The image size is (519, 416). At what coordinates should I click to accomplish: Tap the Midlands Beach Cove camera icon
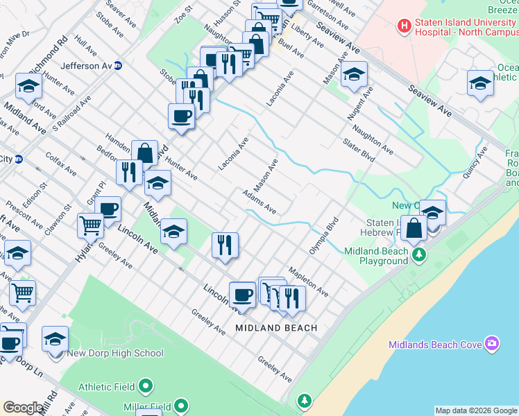493,343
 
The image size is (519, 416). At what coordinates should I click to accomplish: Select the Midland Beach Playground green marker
418,256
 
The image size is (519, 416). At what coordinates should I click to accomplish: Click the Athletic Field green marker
146,385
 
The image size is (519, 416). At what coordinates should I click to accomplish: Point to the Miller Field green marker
181,405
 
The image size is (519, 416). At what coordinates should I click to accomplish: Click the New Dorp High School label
115,353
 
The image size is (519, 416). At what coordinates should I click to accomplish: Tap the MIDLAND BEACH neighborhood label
276,328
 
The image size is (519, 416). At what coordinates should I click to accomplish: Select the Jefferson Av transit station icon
119,66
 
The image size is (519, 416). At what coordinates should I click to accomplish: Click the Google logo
23,408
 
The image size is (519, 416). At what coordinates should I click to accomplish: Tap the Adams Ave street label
259,202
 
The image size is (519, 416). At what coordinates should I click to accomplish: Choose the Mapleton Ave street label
308,279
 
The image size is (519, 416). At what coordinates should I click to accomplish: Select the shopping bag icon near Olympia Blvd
414,228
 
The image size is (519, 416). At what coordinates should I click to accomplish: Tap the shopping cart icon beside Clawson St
90,225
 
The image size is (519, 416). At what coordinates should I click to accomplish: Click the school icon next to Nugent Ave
354,75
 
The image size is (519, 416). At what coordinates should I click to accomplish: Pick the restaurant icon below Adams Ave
225,245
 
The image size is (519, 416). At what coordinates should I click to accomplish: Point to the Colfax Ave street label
61,164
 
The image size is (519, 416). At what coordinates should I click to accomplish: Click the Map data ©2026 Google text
475,410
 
